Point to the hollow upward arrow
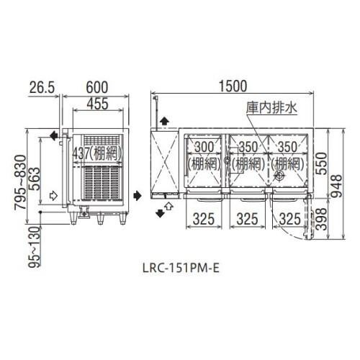click(x=170, y=207)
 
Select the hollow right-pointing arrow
click(x=53, y=194)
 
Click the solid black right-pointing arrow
click(x=136, y=194)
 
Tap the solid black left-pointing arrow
click(x=53, y=135)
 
